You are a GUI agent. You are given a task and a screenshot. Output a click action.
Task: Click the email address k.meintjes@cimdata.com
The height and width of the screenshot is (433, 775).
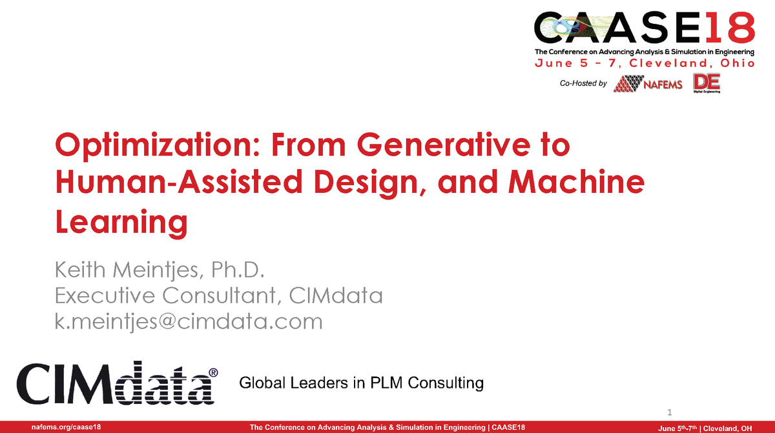(x=189, y=321)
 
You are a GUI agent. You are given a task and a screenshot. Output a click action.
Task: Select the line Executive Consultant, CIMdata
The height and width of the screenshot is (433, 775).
(x=219, y=296)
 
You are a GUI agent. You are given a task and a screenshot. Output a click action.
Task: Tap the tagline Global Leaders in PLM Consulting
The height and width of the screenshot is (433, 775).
(x=361, y=383)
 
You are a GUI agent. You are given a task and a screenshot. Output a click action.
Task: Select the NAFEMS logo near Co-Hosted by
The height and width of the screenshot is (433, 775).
(x=648, y=85)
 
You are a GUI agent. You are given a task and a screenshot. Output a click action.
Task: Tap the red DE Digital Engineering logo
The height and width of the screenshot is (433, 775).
(x=707, y=83)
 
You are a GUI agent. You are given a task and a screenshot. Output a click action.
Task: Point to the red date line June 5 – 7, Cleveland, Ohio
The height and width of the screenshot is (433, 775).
(x=644, y=63)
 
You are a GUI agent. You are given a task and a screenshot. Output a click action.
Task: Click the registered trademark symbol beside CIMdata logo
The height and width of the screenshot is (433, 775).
(x=214, y=373)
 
